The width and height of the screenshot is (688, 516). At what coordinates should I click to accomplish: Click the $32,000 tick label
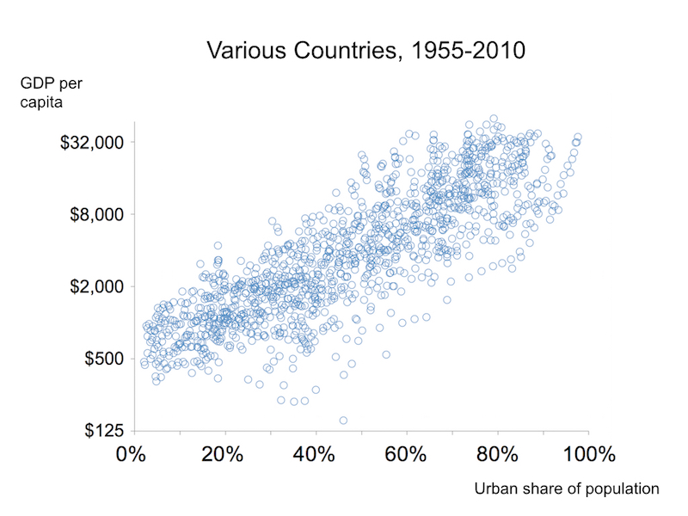[x=93, y=142]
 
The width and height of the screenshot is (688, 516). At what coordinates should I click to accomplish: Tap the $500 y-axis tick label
[x=104, y=358]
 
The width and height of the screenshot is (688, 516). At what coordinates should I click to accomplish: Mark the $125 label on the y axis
[x=104, y=430]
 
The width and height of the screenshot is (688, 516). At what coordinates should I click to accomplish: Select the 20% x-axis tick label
[x=224, y=453]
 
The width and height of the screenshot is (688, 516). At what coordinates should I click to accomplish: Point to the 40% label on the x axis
[x=315, y=453]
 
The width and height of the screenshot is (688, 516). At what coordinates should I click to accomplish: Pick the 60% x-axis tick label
[x=407, y=453]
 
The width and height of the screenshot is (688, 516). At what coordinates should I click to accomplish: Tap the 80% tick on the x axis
[x=498, y=453]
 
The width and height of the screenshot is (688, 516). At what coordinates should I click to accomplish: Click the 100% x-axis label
[x=585, y=453]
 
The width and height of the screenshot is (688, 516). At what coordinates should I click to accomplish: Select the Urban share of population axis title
[x=567, y=488]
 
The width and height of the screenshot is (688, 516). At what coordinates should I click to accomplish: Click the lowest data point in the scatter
[x=343, y=421]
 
